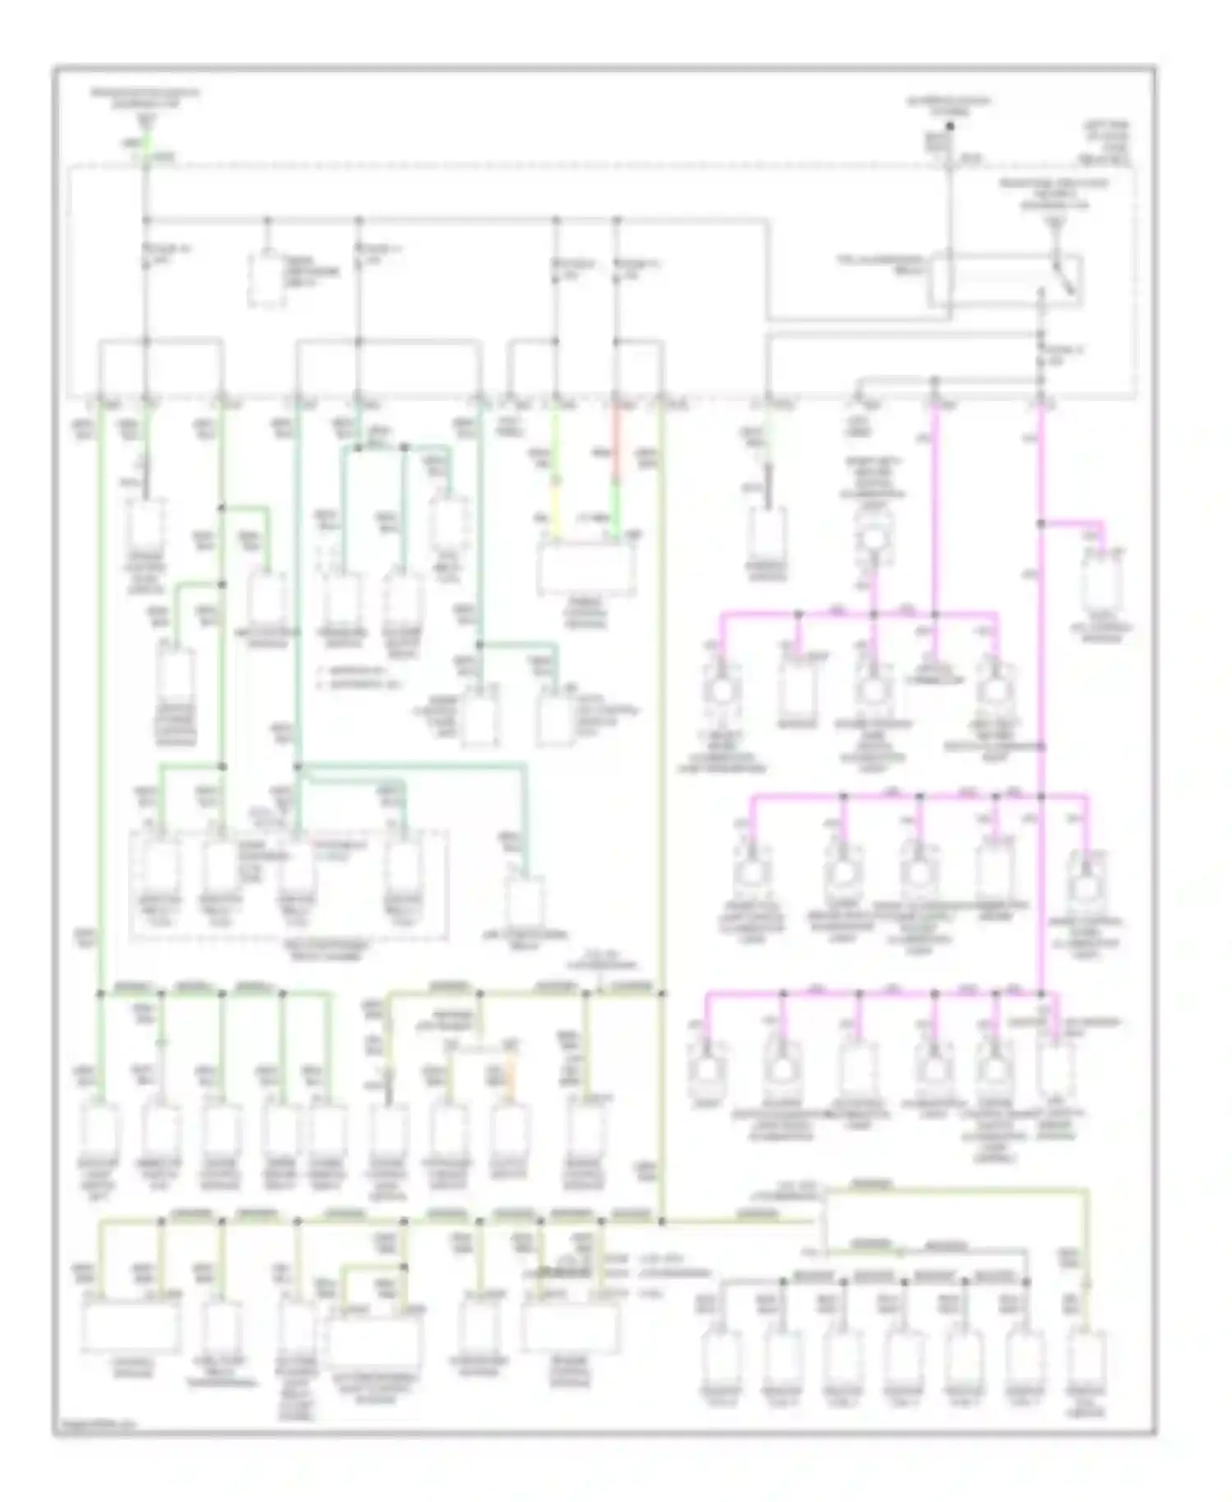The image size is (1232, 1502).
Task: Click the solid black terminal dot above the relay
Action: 950,127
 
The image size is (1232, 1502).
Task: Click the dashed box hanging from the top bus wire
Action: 267,280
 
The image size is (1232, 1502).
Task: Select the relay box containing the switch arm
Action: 1004,282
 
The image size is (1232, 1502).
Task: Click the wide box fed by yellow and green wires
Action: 586,567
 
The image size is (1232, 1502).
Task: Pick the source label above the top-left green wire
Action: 146,99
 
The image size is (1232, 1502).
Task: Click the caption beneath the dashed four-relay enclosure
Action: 292,947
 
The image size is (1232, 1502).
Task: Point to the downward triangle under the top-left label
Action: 146,122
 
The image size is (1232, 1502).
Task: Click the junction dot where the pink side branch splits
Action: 1041,523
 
